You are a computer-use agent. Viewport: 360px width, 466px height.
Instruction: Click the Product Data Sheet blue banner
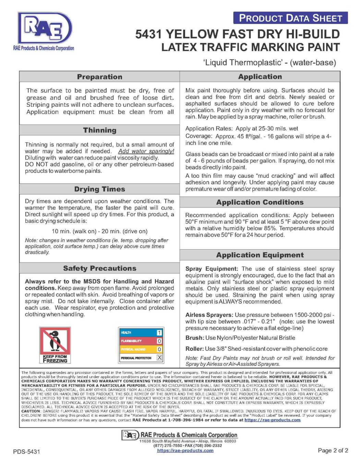coord(290,18)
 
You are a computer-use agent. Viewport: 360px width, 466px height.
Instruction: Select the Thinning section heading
coord(99,130)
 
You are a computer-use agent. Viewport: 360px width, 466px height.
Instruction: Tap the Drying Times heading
coord(99,189)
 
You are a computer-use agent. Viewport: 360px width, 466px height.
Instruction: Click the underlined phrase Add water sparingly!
coord(146,151)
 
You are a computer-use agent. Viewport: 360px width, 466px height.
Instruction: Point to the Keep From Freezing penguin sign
coord(55,345)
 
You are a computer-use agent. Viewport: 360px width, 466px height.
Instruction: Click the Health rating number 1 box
coord(159,333)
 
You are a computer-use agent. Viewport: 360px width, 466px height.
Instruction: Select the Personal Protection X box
coord(159,358)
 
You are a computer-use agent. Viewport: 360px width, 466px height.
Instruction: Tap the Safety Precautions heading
coord(99,268)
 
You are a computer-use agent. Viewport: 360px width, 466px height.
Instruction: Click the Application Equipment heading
coord(260,255)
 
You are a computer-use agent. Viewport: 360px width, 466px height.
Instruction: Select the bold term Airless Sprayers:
coord(209,315)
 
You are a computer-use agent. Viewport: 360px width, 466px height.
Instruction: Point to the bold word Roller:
coord(194,349)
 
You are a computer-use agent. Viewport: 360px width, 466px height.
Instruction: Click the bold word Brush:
coord(194,338)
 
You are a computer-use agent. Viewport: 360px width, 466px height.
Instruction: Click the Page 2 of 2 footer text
coord(333,450)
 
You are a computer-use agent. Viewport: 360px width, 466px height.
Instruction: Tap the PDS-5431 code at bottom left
coord(26,452)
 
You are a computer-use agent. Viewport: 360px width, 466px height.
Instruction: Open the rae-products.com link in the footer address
coord(185,451)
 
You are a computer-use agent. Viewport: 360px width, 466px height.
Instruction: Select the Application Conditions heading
coord(260,202)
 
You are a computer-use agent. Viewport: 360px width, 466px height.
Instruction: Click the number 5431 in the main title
coord(149,34)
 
